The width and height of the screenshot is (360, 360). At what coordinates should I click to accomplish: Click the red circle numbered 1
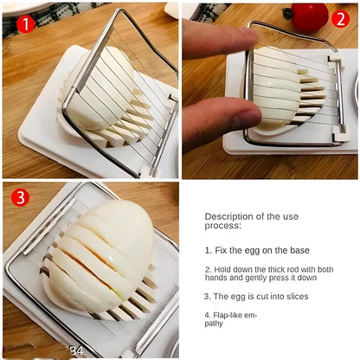[25, 23]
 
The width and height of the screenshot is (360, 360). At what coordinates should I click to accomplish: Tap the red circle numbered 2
[340, 17]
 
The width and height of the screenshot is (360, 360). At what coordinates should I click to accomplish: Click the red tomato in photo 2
[308, 16]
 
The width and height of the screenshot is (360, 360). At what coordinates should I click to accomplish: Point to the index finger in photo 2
[216, 38]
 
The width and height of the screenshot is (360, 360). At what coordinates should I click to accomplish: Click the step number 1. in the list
[209, 249]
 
